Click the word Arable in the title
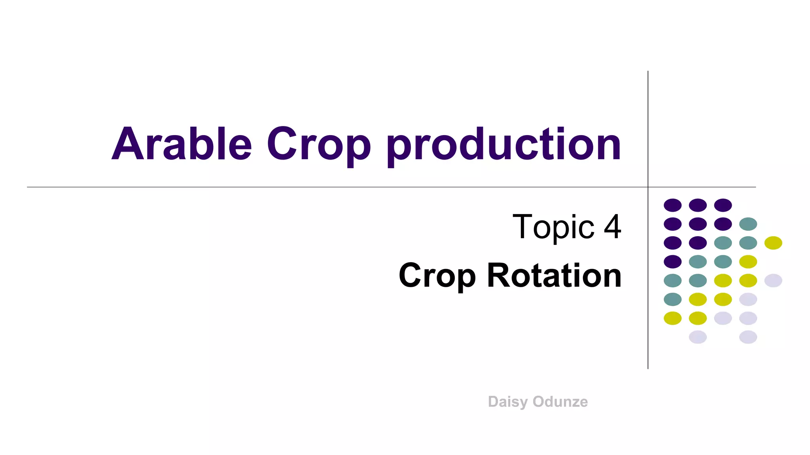[182, 144]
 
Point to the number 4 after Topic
[612, 227]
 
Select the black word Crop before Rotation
[437, 276]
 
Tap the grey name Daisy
[508, 402]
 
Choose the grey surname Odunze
[560, 402]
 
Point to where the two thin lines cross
[648, 187]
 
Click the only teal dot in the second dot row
[748, 224]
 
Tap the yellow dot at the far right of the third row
[773, 243]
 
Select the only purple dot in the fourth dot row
[673, 261]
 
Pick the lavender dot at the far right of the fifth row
[773, 280]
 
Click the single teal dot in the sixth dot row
[673, 299]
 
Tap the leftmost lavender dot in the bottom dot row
[698, 337]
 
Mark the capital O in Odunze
[539, 402]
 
